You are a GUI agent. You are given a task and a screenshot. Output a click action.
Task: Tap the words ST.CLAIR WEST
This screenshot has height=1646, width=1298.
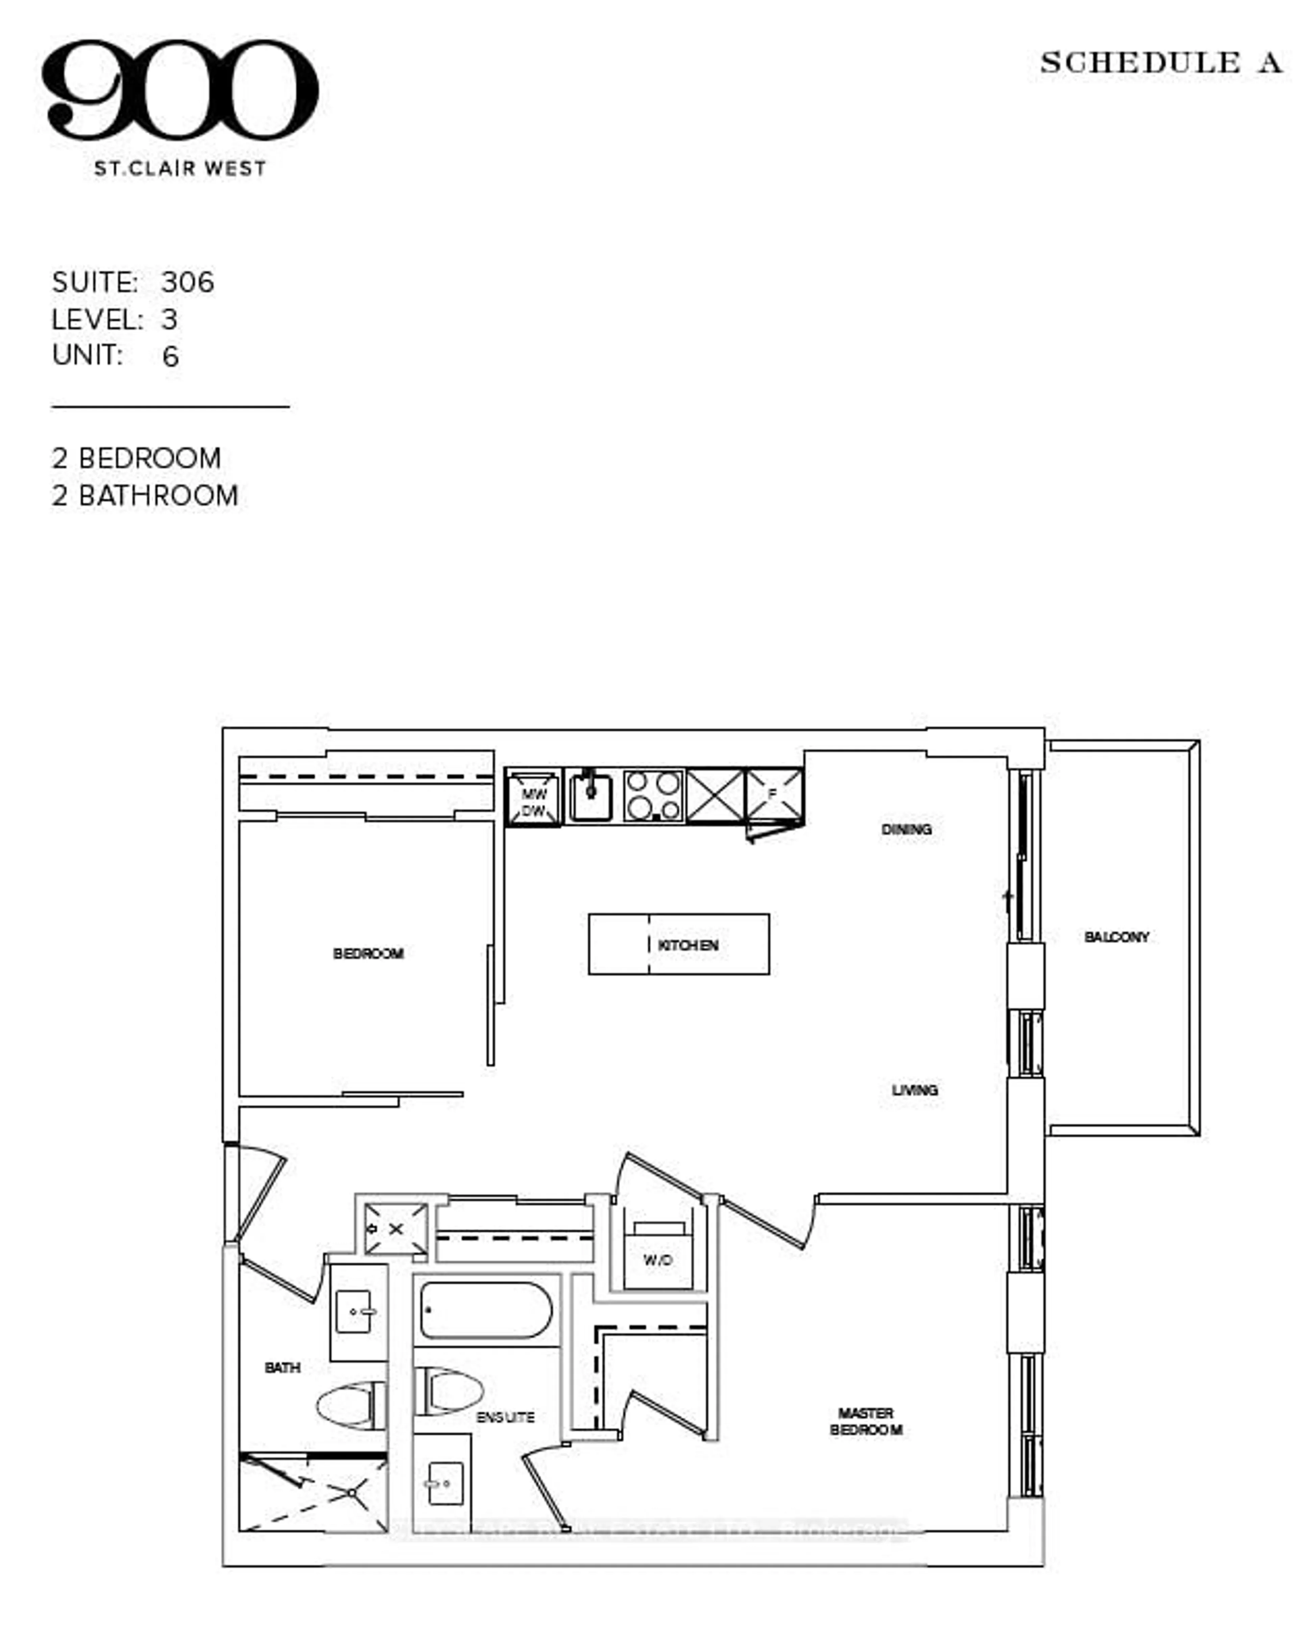pos(180,169)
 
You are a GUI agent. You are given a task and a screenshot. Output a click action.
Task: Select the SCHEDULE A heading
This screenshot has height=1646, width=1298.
pos(1160,63)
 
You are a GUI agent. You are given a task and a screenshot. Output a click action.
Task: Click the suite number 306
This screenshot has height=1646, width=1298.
pos(188,283)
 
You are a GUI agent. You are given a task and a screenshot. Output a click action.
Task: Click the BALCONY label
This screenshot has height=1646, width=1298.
pos(1115,937)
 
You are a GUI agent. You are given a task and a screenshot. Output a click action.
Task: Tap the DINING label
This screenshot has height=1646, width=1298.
pos(906,829)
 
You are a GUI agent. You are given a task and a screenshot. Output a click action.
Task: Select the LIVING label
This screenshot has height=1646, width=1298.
pos(914,1090)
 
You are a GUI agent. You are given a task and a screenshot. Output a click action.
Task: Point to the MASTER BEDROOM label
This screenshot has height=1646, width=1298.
pos(866,1421)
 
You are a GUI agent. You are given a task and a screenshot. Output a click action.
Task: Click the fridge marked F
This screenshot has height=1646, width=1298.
pos(774,794)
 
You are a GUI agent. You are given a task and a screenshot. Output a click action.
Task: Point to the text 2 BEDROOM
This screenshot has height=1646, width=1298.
pos(137,458)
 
